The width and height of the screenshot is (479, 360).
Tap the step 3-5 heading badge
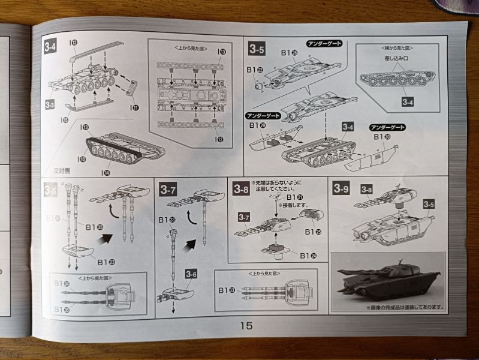click(256, 50)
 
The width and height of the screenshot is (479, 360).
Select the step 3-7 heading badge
click(167, 190)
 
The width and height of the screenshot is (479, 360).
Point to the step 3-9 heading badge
click(341, 190)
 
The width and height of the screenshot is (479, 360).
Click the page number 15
click(246, 326)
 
